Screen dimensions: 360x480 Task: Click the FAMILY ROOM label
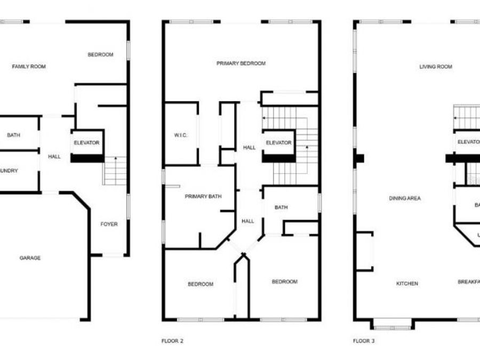click(x=29, y=67)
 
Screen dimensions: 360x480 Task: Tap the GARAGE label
click(x=30, y=258)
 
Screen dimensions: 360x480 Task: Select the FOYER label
click(x=109, y=224)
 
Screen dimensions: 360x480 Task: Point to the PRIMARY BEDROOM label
click(x=241, y=63)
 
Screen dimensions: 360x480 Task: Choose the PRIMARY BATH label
click(x=203, y=197)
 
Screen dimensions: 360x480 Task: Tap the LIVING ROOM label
click(x=436, y=67)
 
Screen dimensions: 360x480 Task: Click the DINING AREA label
click(x=404, y=198)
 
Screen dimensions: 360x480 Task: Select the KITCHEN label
click(x=407, y=284)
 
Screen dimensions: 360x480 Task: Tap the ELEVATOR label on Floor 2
click(x=278, y=143)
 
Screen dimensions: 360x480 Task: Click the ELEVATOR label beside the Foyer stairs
click(x=87, y=143)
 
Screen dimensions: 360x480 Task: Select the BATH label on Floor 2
click(x=282, y=207)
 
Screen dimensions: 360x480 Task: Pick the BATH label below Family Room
click(x=13, y=135)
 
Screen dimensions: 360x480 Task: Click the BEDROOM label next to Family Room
click(x=100, y=54)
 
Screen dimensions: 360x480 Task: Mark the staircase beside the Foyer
click(x=115, y=171)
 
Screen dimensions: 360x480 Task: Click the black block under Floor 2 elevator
click(x=278, y=158)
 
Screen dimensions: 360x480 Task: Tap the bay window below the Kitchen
click(x=391, y=323)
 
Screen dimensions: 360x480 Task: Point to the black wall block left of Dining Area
click(x=359, y=158)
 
